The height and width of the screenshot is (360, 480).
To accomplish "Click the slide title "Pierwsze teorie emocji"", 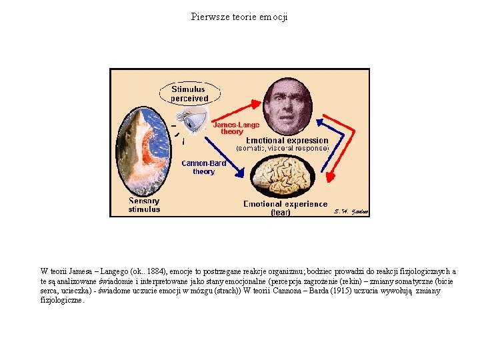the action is [239, 17].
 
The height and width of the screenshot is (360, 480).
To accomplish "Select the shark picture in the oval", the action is [143, 151].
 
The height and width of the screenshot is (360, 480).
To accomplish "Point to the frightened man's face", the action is [288, 106].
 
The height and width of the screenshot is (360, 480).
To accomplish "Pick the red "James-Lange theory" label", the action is [236, 128].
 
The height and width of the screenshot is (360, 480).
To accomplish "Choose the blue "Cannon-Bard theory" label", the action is [204, 167].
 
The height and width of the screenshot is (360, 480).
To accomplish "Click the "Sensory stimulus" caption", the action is [144, 205].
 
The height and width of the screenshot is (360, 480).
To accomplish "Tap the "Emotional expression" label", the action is [287, 141].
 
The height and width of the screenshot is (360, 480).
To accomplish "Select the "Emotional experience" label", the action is [285, 204].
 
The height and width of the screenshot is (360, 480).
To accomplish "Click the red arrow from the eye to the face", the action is [237, 111].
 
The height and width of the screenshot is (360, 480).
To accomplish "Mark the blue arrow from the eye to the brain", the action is [225, 157].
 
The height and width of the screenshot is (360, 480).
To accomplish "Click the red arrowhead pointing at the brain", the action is [331, 177].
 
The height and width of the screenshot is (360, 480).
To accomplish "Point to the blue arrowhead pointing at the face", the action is [320, 123].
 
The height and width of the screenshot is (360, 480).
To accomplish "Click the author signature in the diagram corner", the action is [351, 211].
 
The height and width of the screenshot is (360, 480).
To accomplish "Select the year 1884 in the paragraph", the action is [155, 271].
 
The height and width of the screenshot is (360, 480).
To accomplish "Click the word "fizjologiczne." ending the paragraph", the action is [62, 300].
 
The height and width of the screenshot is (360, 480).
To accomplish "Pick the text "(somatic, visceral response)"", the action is [283, 149].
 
